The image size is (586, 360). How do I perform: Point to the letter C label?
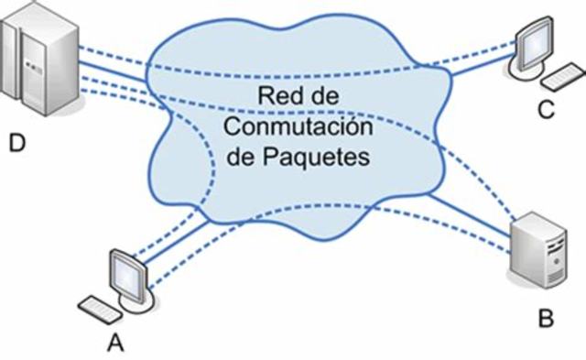pos(546,110)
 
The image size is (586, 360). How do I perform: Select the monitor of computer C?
pos(536,41)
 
